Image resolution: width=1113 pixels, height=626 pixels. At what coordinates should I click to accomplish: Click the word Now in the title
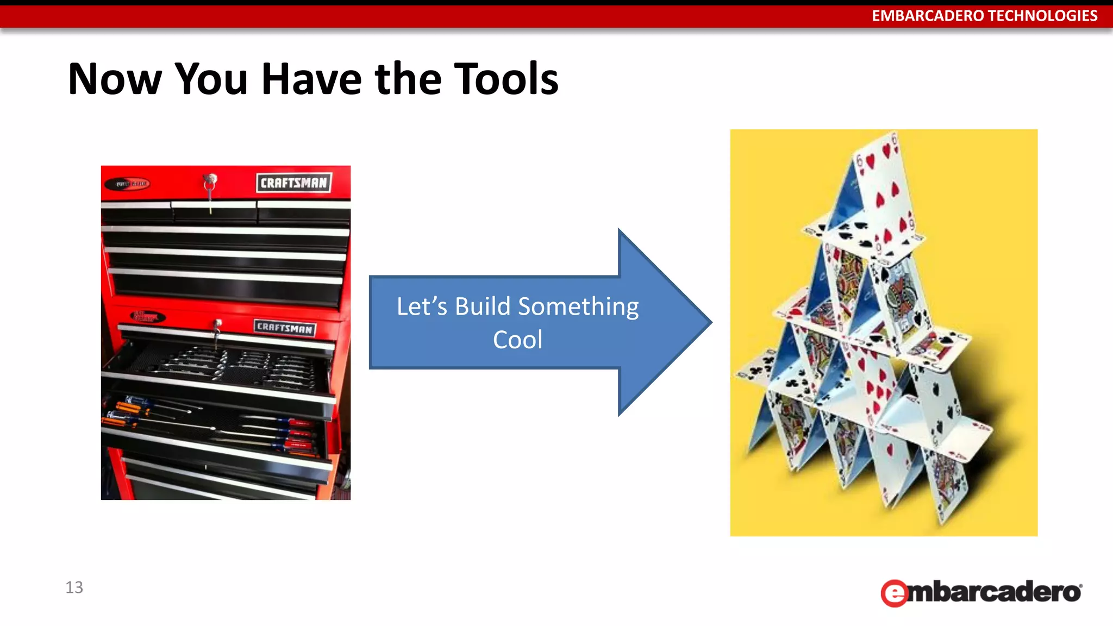point(115,79)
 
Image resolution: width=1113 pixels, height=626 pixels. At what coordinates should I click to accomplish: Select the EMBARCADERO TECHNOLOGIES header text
point(984,16)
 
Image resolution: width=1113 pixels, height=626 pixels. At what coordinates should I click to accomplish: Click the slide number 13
point(74,587)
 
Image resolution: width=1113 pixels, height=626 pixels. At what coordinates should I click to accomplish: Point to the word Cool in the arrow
point(517,340)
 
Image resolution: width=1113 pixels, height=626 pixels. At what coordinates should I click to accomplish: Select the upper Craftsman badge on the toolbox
point(293,183)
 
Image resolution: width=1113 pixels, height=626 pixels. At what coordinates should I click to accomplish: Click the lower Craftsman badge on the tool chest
point(284,328)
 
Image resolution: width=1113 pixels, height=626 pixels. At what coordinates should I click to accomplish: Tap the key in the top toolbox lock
point(210,185)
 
